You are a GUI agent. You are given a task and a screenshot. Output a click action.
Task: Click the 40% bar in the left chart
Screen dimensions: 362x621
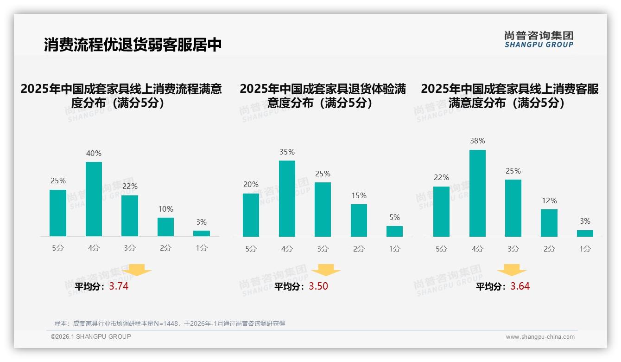click(x=94, y=199)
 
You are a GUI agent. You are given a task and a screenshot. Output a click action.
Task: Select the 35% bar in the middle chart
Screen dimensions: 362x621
click(x=287, y=199)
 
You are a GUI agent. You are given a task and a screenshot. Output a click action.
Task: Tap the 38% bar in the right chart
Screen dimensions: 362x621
click(x=477, y=193)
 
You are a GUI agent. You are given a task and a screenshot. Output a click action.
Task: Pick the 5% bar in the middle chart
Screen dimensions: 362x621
click(x=394, y=231)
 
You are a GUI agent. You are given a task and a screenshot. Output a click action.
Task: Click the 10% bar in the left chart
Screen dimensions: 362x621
click(x=165, y=227)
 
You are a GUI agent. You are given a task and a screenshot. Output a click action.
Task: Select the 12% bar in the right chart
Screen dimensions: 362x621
click(x=549, y=223)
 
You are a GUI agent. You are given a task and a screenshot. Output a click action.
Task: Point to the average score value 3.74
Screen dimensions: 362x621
click(x=119, y=286)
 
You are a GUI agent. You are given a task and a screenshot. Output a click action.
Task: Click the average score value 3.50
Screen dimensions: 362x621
click(x=318, y=286)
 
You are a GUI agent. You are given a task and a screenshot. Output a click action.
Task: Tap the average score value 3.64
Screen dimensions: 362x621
click(x=520, y=286)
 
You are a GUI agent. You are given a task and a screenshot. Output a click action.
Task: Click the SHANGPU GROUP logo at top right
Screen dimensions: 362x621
click(x=539, y=39)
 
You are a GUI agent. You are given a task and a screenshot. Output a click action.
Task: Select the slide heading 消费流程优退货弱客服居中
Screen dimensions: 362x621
click(x=133, y=45)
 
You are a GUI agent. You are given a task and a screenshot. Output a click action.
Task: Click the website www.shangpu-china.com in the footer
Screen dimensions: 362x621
click(x=540, y=337)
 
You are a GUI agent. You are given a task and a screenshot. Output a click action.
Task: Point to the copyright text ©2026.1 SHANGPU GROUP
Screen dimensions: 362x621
click(x=91, y=336)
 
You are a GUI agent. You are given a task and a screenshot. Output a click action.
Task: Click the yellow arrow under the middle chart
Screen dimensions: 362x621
click(x=326, y=270)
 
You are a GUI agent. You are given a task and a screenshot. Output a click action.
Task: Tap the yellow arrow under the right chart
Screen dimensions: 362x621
click(x=512, y=270)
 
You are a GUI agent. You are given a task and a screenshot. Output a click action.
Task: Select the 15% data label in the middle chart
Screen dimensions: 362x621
click(x=359, y=196)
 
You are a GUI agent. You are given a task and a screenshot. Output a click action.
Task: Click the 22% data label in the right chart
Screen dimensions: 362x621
click(x=441, y=178)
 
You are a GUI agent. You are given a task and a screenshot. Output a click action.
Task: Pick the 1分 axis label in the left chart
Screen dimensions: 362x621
click(x=202, y=248)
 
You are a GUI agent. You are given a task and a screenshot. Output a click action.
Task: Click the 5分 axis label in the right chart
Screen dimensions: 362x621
click(x=441, y=249)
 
